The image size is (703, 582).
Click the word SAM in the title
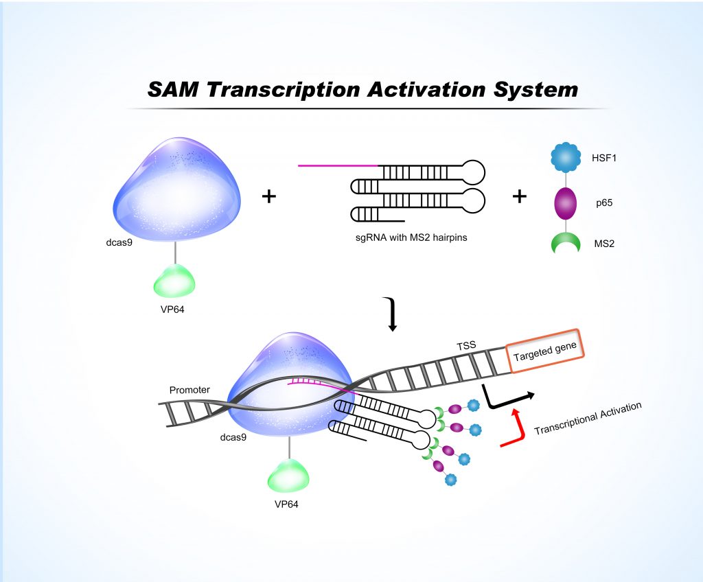(173, 89)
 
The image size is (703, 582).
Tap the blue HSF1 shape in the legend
(566, 157)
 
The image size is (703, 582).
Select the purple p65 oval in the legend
(566, 203)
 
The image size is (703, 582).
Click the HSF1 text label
(604, 158)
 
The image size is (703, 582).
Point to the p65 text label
(604, 202)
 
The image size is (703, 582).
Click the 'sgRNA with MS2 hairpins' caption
(411, 237)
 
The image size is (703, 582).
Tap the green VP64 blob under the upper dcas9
(174, 281)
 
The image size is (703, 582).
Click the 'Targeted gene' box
(544, 351)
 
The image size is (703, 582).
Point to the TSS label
(466, 346)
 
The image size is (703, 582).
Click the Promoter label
(189, 390)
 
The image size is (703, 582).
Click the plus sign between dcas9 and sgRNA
(269, 196)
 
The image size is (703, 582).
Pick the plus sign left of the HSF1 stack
(519, 196)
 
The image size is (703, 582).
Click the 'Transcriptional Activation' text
(588, 419)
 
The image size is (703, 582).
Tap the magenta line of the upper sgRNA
(338, 165)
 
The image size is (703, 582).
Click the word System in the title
(535, 90)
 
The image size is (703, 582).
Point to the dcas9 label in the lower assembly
(233, 437)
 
